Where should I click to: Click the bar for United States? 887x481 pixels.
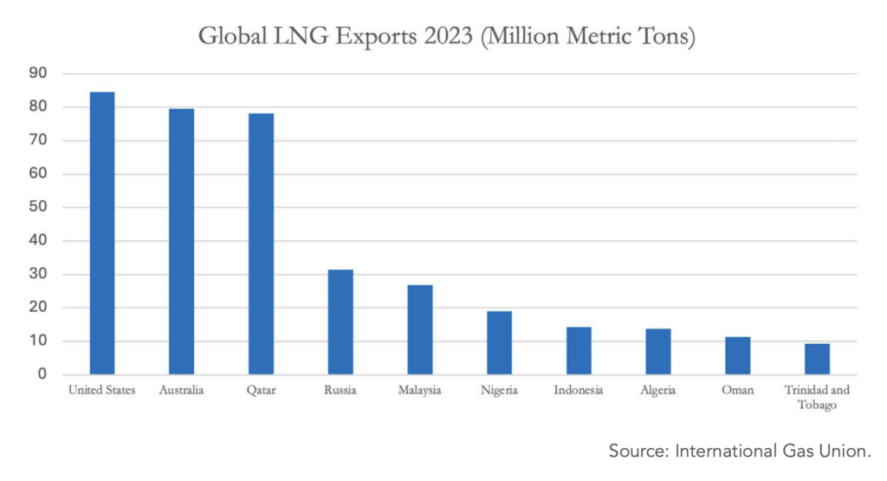point(102,233)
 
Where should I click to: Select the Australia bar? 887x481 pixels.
point(181,242)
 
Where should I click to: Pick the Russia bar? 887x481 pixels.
point(340,322)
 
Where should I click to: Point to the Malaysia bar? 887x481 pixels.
point(420,329)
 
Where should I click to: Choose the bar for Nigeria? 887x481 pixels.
point(499,343)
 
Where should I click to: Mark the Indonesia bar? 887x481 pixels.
point(579,351)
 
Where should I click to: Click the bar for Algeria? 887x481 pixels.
point(658,352)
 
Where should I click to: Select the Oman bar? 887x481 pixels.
point(737,356)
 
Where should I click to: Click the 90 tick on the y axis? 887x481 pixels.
point(38,75)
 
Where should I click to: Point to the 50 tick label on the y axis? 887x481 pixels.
point(38,208)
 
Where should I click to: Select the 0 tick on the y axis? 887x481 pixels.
point(42,375)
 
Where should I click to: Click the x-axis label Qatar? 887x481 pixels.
point(261,391)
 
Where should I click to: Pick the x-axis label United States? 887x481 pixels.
point(102,391)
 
